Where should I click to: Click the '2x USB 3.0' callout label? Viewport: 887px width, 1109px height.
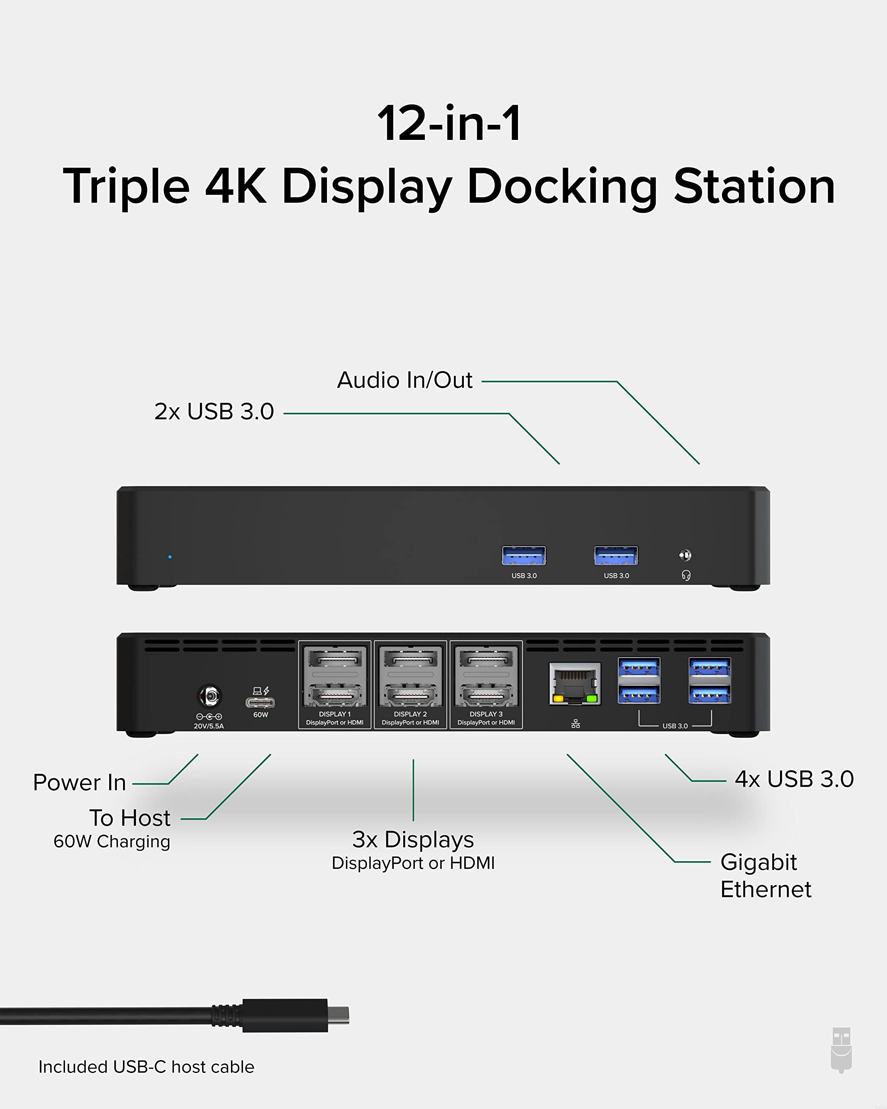pos(214,412)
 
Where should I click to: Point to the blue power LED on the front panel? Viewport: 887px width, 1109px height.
pos(170,557)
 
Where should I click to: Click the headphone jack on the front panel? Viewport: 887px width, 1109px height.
pos(685,555)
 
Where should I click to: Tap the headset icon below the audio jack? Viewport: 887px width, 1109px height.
pos(686,575)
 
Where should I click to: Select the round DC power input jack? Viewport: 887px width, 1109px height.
pos(209,697)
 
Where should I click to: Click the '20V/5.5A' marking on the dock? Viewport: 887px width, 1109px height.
pos(209,726)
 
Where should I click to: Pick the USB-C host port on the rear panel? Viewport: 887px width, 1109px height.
pos(260,703)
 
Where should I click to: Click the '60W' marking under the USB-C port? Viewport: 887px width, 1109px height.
pos(261,714)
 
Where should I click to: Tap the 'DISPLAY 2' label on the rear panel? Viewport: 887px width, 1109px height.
pos(410,714)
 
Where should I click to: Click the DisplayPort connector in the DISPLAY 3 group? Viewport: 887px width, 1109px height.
pos(486,658)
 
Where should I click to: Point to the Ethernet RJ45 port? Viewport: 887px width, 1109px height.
pos(575,684)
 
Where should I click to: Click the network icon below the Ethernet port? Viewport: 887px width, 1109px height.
pos(576,724)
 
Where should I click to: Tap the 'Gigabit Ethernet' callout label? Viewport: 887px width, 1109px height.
pos(765,876)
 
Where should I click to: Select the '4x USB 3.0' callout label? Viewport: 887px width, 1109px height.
pos(794,779)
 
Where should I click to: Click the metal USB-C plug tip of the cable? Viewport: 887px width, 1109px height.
pos(339,1015)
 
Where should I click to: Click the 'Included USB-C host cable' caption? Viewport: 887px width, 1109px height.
pos(146,1067)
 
